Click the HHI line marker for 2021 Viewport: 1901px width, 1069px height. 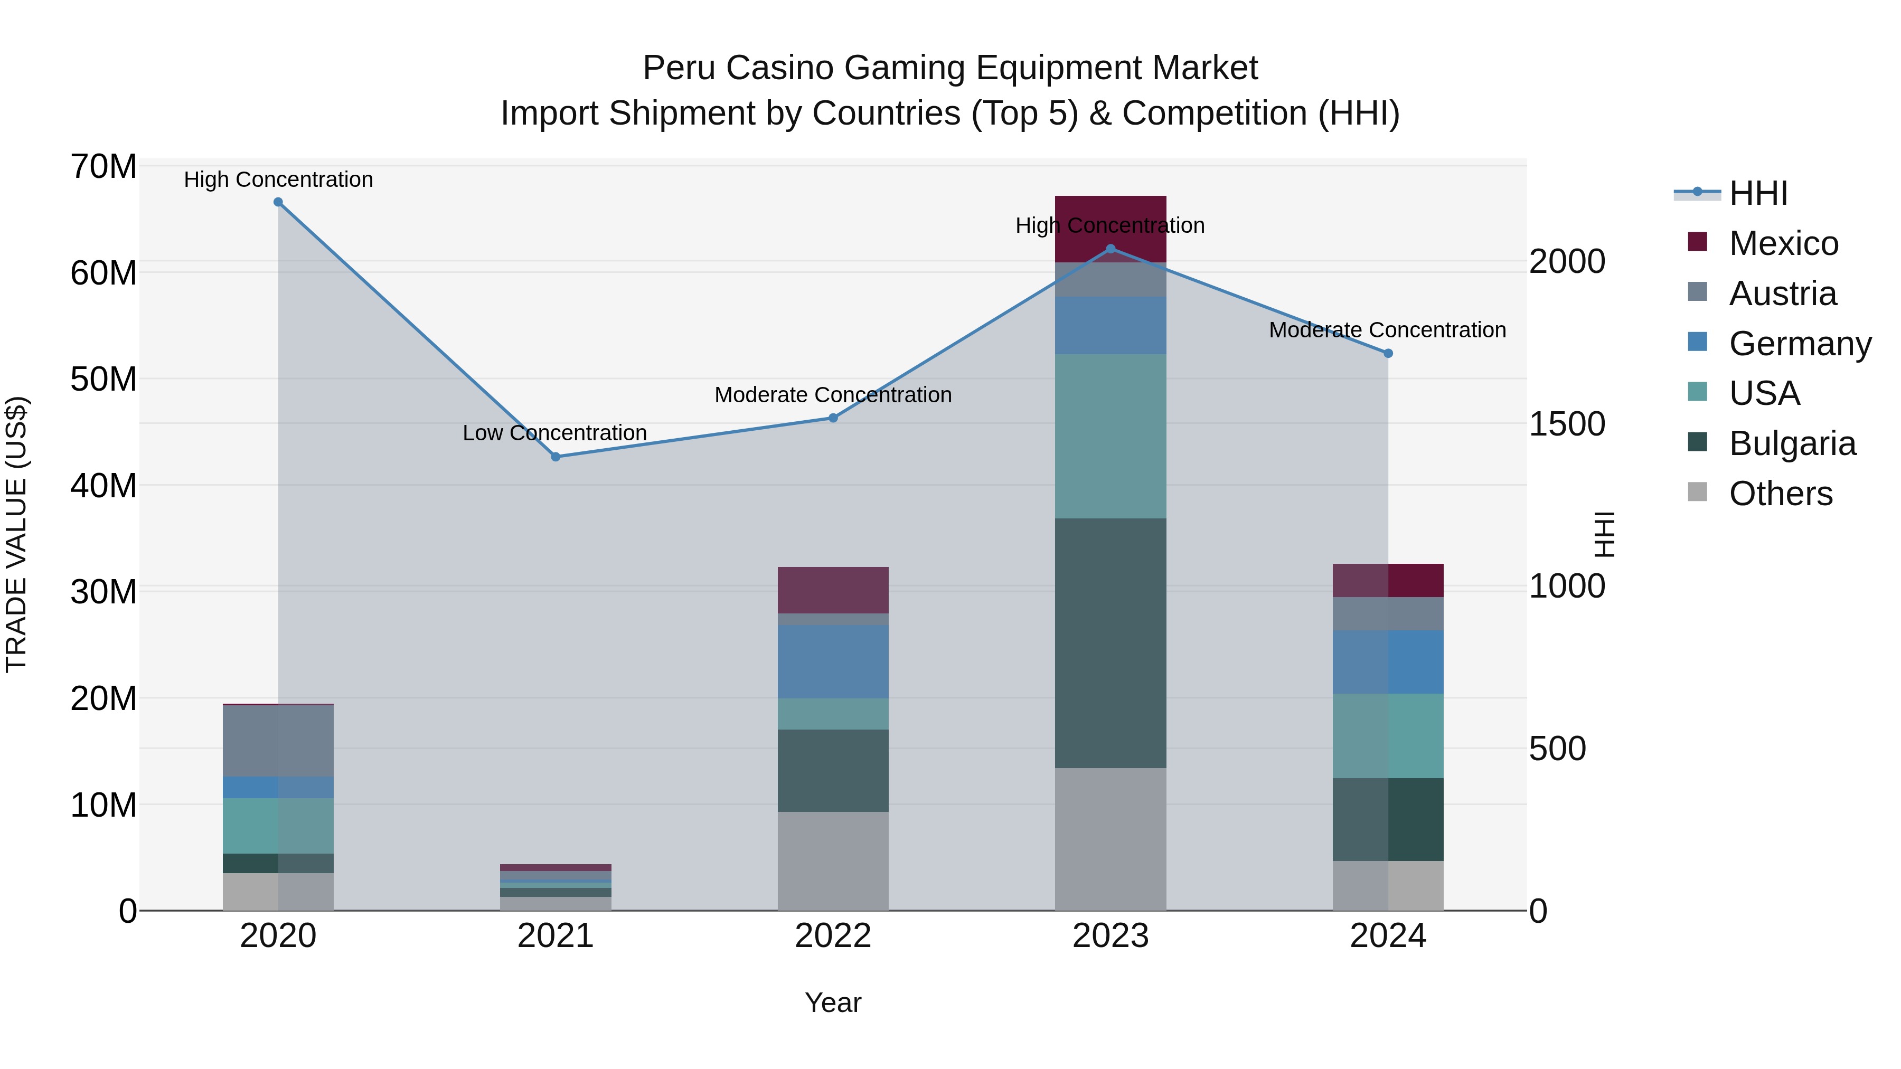point(556,457)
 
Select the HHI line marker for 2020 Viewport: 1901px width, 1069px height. point(278,202)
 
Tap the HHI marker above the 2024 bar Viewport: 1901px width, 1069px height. point(1387,353)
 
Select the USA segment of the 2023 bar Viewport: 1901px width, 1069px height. point(1110,436)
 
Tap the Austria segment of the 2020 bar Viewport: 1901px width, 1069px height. point(278,740)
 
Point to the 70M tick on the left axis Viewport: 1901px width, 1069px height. point(103,167)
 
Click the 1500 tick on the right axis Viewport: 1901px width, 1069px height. point(1567,424)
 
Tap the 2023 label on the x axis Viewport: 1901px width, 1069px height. point(1110,936)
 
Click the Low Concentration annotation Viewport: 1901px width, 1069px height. point(554,433)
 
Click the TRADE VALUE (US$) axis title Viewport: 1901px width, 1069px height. point(16,534)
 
